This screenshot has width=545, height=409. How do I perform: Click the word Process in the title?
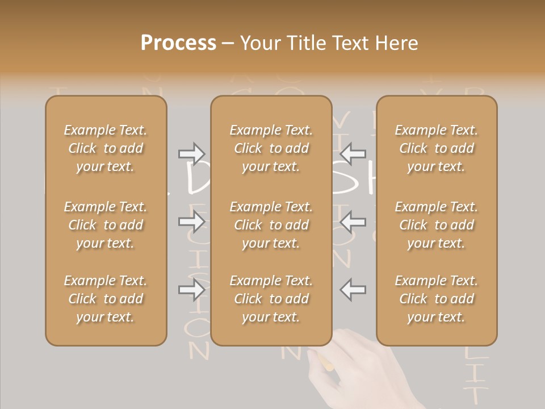point(178,43)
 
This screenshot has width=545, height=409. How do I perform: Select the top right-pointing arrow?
point(192,153)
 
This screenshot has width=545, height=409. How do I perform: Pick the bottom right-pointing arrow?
point(192,290)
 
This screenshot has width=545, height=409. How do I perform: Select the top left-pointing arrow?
point(353,153)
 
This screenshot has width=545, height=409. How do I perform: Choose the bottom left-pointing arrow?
point(353,290)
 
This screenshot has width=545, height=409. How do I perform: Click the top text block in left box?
point(106,148)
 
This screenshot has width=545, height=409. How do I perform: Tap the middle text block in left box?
point(106,225)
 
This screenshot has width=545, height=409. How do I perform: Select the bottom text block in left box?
point(106,299)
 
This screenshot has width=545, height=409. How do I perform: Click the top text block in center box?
point(271,148)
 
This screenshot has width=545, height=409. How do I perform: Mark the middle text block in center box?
point(271,225)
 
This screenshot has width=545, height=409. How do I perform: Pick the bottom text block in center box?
point(271,299)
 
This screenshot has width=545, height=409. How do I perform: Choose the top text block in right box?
point(436,148)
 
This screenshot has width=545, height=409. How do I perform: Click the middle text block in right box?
point(436,225)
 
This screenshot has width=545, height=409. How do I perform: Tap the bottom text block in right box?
point(436,299)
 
